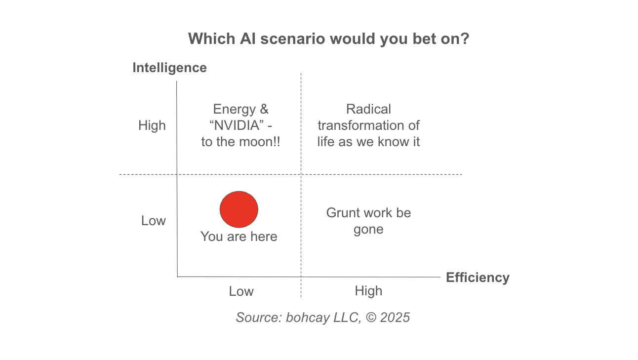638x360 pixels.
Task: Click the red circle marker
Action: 239,209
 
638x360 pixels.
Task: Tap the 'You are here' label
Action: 239,237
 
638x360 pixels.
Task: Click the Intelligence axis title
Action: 169,68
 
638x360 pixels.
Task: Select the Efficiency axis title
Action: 478,278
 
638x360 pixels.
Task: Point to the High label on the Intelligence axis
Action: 152,125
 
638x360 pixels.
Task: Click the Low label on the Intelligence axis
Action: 154,220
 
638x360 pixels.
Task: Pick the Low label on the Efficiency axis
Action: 241,291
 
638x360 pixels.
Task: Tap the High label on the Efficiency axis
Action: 368,291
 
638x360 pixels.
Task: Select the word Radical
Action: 368,109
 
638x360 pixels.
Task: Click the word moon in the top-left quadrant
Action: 256,142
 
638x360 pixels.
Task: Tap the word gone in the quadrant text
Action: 368,229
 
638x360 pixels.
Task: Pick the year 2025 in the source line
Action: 395,317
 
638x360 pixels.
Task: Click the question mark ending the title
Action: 464,39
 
